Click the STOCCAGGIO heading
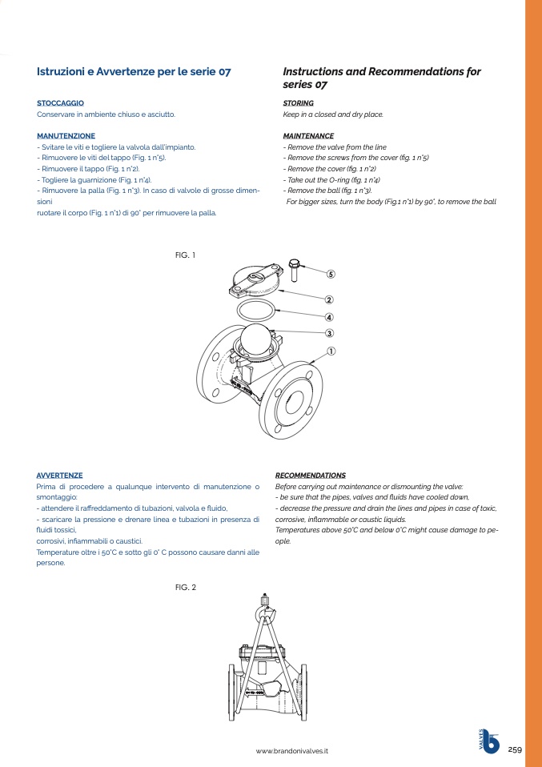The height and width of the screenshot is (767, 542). (x=60, y=103)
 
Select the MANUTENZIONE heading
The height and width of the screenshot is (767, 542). (x=66, y=136)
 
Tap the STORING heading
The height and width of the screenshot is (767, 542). (x=298, y=103)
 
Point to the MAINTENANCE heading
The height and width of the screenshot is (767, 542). (x=308, y=136)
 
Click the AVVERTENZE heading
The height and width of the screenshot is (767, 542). (x=59, y=476)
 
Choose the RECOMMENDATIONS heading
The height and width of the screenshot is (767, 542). (x=310, y=476)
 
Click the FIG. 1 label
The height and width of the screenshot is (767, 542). (x=185, y=255)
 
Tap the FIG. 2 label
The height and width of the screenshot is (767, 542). (x=185, y=588)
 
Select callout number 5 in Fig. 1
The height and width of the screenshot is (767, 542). (x=330, y=274)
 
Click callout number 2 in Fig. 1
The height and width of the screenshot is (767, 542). (x=329, y=300)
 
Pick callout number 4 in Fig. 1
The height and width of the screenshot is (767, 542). (x=329, y=317)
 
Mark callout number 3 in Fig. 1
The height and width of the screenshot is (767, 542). (x=329, y=333)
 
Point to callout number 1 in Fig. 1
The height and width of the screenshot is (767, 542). (x=330, y=351)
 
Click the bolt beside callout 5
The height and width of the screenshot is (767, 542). (x=294, y=270)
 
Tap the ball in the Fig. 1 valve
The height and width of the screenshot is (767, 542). (x=257, y=340)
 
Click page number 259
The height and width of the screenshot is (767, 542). (x=514, y=749)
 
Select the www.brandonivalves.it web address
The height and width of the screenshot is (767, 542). (x=292, y=751)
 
